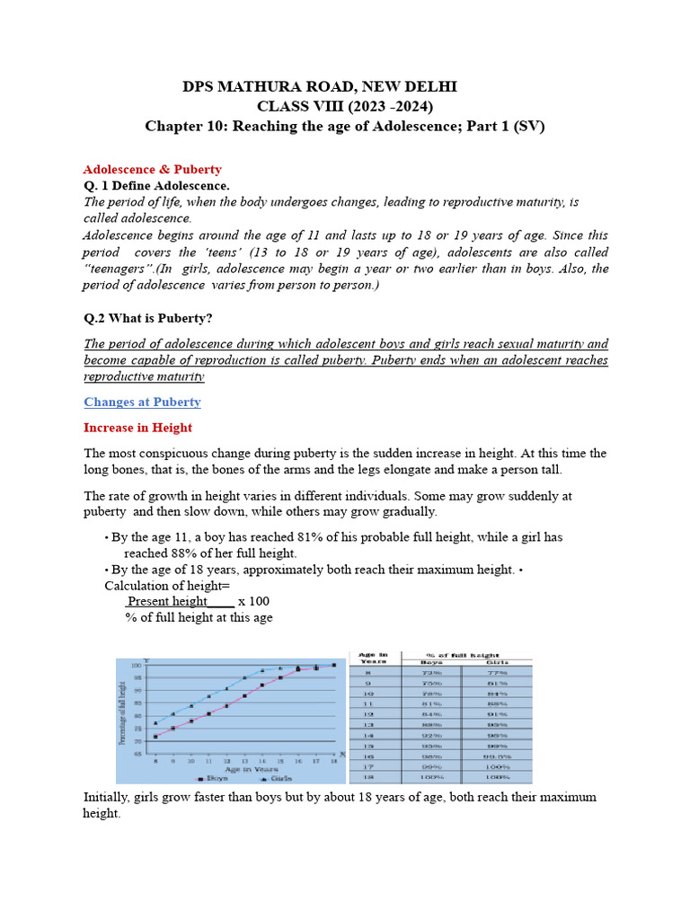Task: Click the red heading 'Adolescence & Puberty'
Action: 152,169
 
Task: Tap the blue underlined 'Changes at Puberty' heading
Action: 142,402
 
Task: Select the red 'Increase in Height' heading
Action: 137,428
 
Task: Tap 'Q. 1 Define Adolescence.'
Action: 156,185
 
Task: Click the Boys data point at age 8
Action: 155,737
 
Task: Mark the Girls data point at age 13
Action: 244,677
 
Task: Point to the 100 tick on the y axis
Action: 137,665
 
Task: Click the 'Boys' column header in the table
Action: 431,662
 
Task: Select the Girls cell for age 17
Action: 498,766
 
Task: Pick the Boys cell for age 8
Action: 431,671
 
